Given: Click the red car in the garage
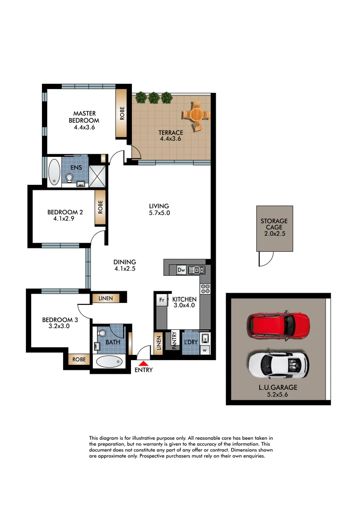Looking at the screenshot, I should tap(278, 325).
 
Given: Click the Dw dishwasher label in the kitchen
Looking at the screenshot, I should tap(181, 270).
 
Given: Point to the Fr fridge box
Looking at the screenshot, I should tap(161, 300).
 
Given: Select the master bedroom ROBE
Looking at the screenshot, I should tap(123, 114).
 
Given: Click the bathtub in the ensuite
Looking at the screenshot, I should tap(54, 171).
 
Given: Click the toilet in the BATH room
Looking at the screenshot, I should tap(101, 334).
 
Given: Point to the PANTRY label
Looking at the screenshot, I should tap(174, 340).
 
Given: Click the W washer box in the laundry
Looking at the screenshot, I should tap(205, 350).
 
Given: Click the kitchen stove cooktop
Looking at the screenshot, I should tap(205, 289).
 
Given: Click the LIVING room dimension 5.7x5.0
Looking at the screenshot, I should tap(159, 213).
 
